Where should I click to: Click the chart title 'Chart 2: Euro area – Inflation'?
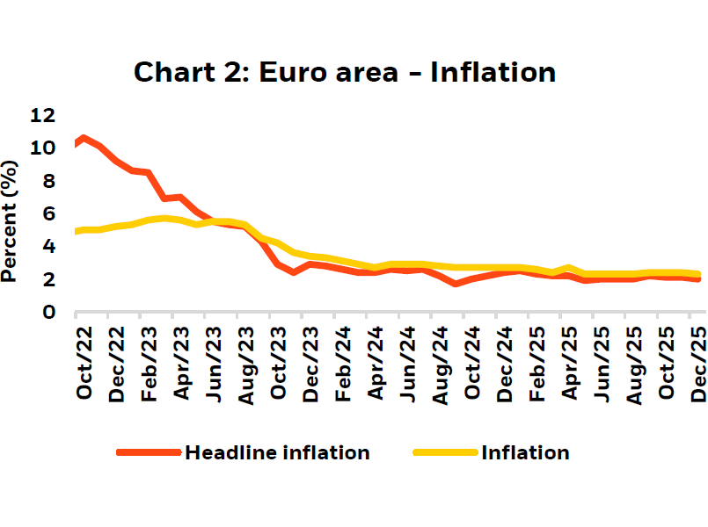point(344,71)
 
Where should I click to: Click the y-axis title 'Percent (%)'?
point(11,220)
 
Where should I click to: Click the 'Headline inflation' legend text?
point(276,453)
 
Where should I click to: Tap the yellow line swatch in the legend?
point(445,453)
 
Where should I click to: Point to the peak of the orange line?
point(83,138)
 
